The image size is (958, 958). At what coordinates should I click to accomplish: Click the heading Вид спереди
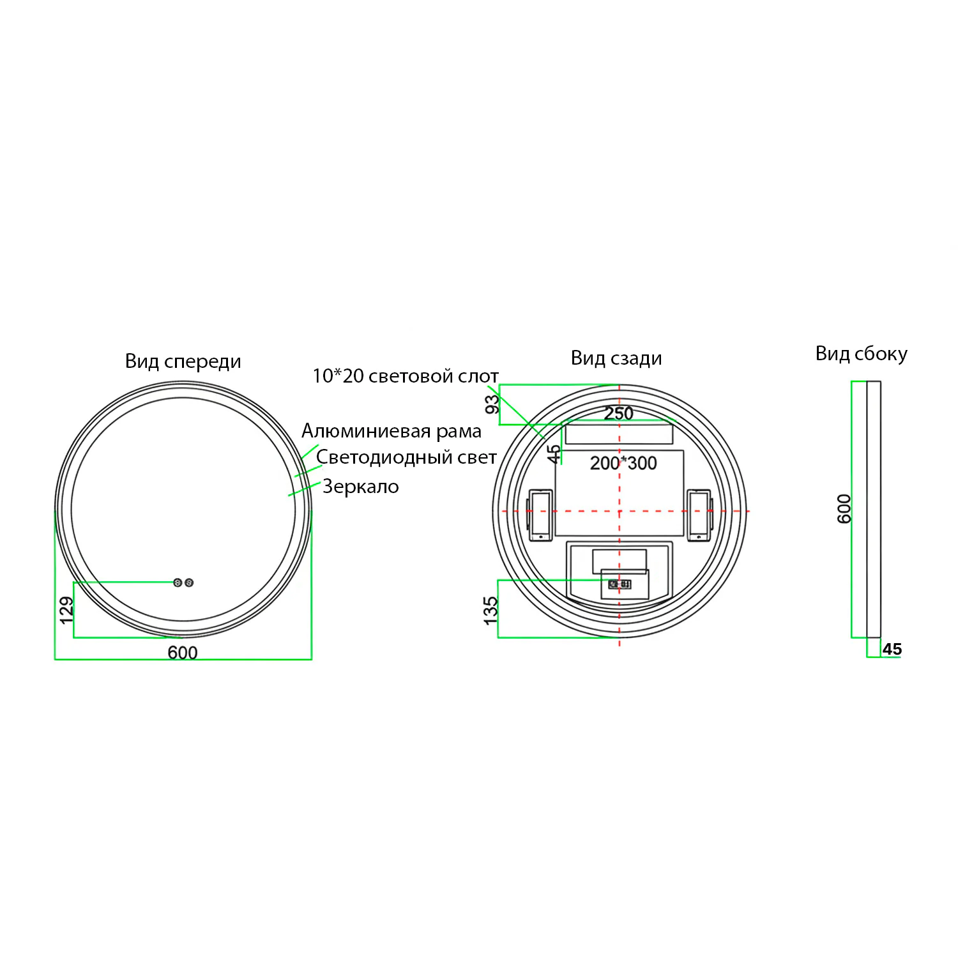(x=183, y=361)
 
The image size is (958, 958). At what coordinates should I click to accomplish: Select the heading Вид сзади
(x=616, y=358)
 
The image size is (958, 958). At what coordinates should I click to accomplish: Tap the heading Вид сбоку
(x=861, y=354)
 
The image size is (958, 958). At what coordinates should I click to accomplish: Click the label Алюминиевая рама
(x=392, y=431)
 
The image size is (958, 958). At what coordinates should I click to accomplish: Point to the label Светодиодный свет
(x=406, y=457)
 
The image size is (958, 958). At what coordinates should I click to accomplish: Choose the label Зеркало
(x=361, y=487)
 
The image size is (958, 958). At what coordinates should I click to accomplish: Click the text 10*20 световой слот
(x=406, y=376)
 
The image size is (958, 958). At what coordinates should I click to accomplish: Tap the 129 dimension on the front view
(x=66, y=611)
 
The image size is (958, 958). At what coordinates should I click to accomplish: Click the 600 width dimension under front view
(x=183, y=653)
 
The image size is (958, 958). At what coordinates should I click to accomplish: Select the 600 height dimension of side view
(x=844, y=508)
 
